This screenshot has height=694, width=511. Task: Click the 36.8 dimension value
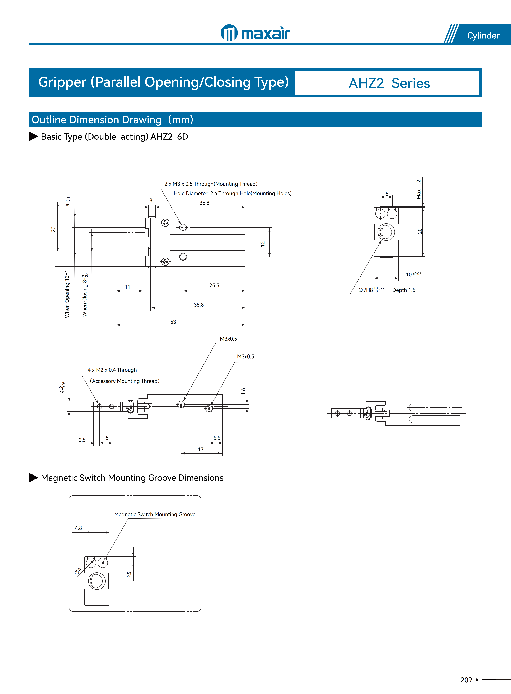[204, 203]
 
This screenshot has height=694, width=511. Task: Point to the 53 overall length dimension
[173, 322]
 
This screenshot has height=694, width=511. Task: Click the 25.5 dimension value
[214, 285]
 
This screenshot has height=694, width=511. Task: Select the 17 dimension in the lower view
[201, 450]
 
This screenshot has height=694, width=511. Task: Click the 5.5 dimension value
[217, 438]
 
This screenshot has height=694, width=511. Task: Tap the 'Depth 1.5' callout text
[404, 290]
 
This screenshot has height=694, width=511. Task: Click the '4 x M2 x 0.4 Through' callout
[112, 370]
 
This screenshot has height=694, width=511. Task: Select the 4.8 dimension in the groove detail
[78, 528]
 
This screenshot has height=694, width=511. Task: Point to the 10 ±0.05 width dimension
[413, 274]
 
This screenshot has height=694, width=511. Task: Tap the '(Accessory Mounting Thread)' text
[125, 381]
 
